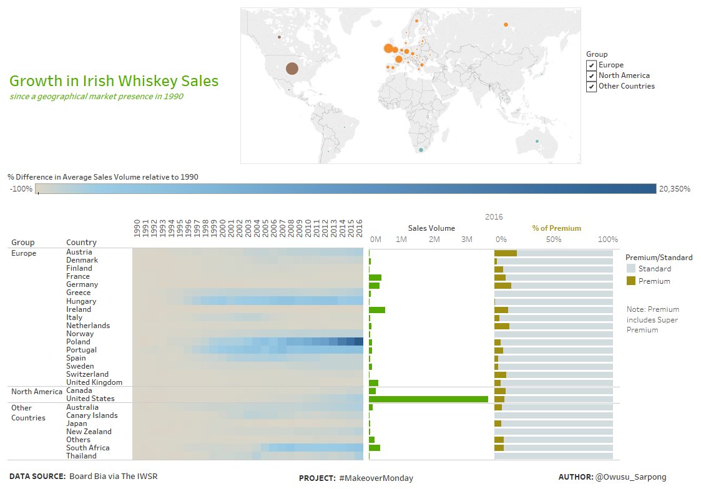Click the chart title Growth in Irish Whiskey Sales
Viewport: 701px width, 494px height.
(x=114, y=81)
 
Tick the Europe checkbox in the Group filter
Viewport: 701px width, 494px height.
(x=591, y=65)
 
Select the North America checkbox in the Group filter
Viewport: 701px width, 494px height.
(x=591, y=76)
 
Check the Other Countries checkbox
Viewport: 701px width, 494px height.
(x=591, y=87)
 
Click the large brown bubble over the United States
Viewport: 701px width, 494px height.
(x=292, y=69)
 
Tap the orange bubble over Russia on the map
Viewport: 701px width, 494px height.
(x=506, y=25)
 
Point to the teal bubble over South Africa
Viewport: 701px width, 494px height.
(x=421, y=150)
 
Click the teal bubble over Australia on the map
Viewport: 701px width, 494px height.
(x=537, y=141)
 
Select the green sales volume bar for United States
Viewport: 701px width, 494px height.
(x=428, y=399)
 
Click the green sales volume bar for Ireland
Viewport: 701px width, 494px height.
(x=377, y=309)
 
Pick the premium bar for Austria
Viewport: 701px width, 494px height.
(x=505, y=253)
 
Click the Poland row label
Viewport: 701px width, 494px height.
(x=78, y=342)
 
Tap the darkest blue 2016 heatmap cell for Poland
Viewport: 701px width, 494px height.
(x=359, y=342)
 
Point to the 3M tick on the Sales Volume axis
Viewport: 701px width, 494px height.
(x=466, y=240)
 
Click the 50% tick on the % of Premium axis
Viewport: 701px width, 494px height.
(x=554, y=240)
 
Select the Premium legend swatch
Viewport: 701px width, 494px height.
(x=631, y=281)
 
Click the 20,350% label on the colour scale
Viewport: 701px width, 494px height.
(x=675, y=189)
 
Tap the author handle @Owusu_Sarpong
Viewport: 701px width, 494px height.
(x=630, y=477)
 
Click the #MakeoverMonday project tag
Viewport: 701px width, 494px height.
(x=376, y=478)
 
